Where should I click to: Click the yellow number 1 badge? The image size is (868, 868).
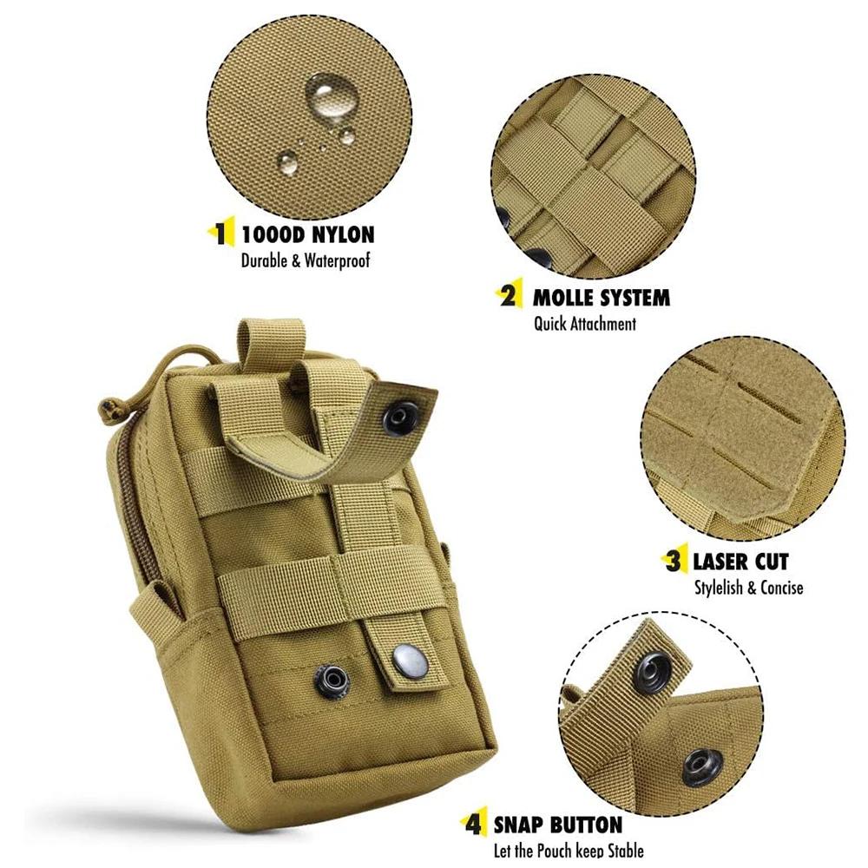pos(223,233)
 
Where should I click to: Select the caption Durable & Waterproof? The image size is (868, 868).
pos(306,260)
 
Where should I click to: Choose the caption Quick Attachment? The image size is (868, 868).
pos(584,324)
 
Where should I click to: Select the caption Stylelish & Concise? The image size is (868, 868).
pos(748,588)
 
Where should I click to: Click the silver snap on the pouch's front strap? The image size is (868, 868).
pos(406,664)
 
